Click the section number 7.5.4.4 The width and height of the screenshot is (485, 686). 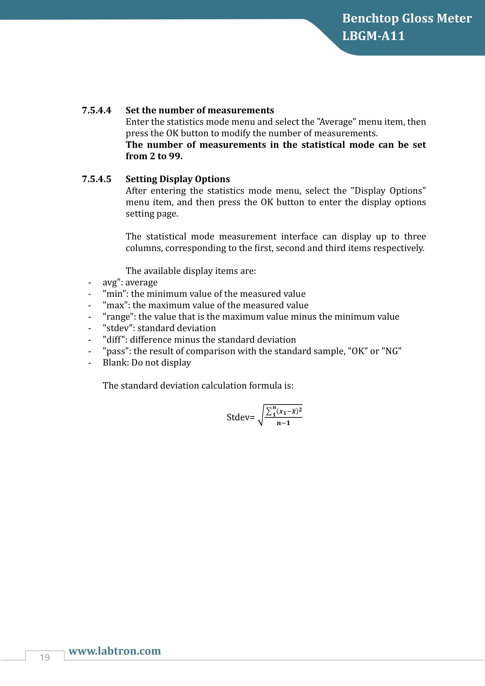click(96, 110)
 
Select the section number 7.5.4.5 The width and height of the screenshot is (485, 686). click(96, 179)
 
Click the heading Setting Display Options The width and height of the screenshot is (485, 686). click(178, 179)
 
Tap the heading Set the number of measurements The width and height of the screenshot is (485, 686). click(199, 110)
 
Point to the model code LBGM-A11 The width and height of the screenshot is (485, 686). click(373, 36)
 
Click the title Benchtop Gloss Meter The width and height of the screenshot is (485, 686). click(407, 18)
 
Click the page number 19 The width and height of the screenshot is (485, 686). click(45, 658)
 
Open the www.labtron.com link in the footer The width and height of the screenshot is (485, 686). click(115, 651)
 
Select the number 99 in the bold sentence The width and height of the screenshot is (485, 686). click(175, 156)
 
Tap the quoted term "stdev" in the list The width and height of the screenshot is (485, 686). click(118, 328)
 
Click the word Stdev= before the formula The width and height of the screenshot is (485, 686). click(240, 417)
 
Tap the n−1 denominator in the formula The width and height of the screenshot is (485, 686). click(283, 423)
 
